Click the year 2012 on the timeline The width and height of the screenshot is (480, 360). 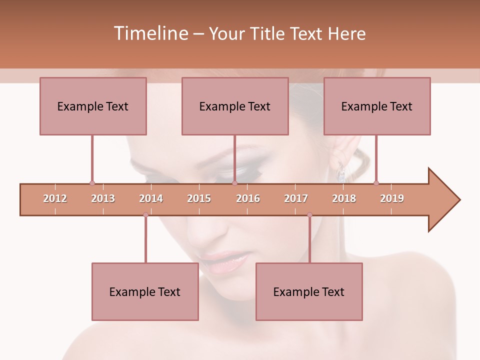coord(55,198)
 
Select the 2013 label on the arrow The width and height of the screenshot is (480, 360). coord(103,198)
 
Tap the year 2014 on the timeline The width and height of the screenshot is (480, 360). coord(151,198)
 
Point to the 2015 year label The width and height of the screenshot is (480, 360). coord(199,198)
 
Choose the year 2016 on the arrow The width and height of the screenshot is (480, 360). coord(248,198)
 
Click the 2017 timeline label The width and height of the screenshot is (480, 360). coord(296,198)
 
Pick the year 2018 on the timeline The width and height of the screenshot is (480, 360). coord(344,198)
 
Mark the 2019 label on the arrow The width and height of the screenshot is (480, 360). coord(392,198)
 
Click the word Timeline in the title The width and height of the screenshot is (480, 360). coord(150,33)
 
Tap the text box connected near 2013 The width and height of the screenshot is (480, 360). coord(93,106)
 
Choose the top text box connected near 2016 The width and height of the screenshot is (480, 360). coord(235,106)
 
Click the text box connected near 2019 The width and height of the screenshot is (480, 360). coord(377,106)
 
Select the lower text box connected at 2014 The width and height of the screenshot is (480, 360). coord(145,291)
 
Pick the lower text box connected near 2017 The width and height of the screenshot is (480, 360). coord(309,291)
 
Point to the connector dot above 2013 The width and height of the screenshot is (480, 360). coord(92,183)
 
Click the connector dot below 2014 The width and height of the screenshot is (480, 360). coord(145,215)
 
